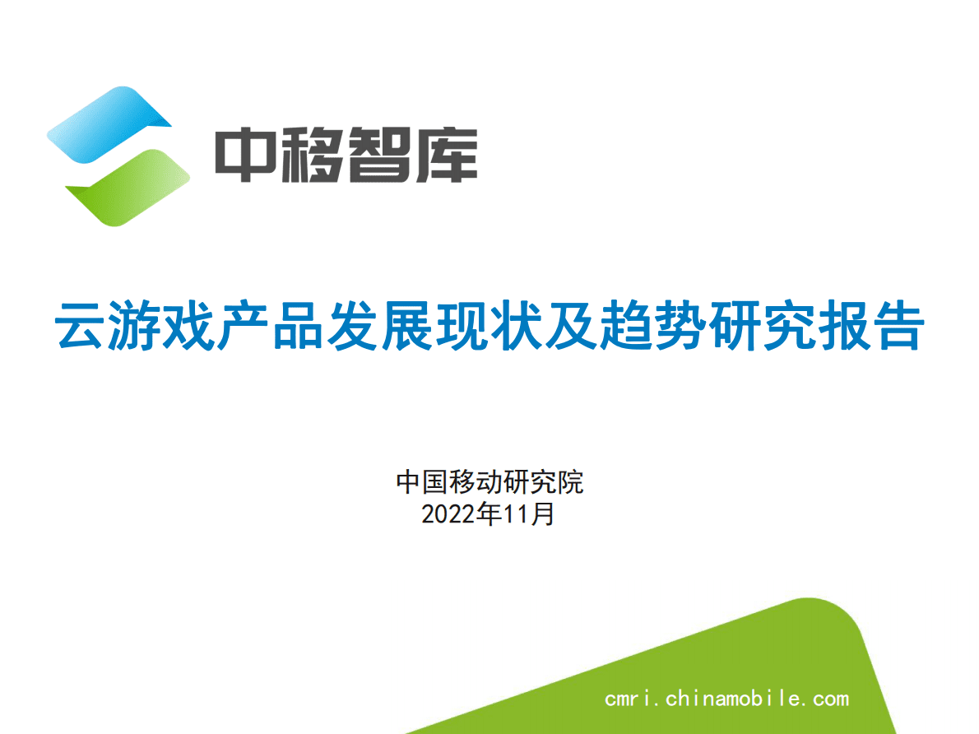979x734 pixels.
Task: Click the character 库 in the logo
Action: (x=445, y=155)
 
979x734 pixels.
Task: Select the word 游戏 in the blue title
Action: (x=169, y=327)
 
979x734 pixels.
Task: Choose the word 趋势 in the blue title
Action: (x=703, y=327)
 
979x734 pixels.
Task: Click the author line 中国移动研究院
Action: (x=489, y=481)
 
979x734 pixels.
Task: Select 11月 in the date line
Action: (x=528, y=514)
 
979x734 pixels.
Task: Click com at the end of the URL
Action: (x=830, y=699)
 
